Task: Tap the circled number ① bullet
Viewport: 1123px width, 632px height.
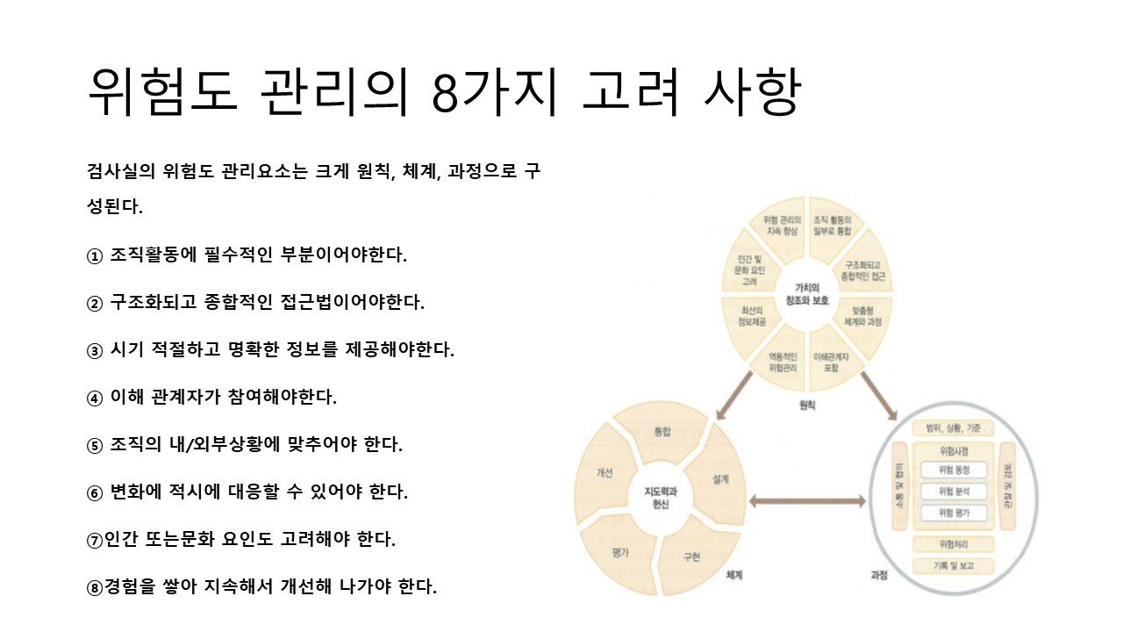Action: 95,256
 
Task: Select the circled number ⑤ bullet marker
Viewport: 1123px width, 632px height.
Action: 95,446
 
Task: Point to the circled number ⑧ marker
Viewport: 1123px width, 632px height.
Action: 95,587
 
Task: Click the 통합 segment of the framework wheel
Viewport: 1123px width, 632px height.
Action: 662,432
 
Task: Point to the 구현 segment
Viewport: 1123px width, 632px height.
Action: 692,557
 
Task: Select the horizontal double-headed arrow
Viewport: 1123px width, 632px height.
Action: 806,502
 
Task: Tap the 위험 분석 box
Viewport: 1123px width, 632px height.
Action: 953,492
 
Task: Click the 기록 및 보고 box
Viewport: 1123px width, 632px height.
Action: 954,566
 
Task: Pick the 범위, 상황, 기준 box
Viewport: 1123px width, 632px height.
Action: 954,428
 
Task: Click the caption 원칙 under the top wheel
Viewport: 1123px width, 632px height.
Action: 807,405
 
